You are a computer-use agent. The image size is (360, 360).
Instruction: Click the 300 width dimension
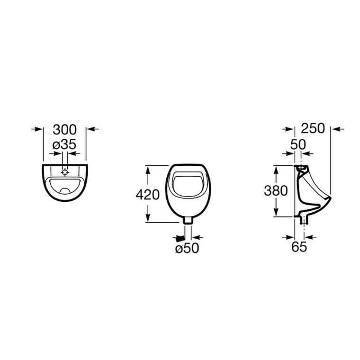pyautogui.click(x=64, y=129)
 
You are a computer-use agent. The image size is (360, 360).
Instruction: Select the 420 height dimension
pyautogui.click(x=147, y=194)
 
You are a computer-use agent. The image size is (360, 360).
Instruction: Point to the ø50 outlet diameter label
pyautogui.click(x=187, y=248)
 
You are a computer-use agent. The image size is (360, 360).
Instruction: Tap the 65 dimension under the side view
pyautogui.click(x=299, y=247)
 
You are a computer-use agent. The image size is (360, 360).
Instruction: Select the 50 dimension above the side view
pyautogui.click(x=298, y=145)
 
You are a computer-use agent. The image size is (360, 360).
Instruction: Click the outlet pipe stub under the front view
pyautogui.click(x=188, y=219)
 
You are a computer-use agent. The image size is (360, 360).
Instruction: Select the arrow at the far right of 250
pyautogui.click(x=337, y=128)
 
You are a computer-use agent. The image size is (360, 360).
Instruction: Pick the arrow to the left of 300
pyautogui.click(x=35, y=128)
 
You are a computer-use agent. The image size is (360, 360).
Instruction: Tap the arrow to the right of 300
pyautogui.click(x=94, y=128)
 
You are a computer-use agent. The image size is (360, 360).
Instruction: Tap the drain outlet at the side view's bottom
pyautogui.click(x=303, y=218)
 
